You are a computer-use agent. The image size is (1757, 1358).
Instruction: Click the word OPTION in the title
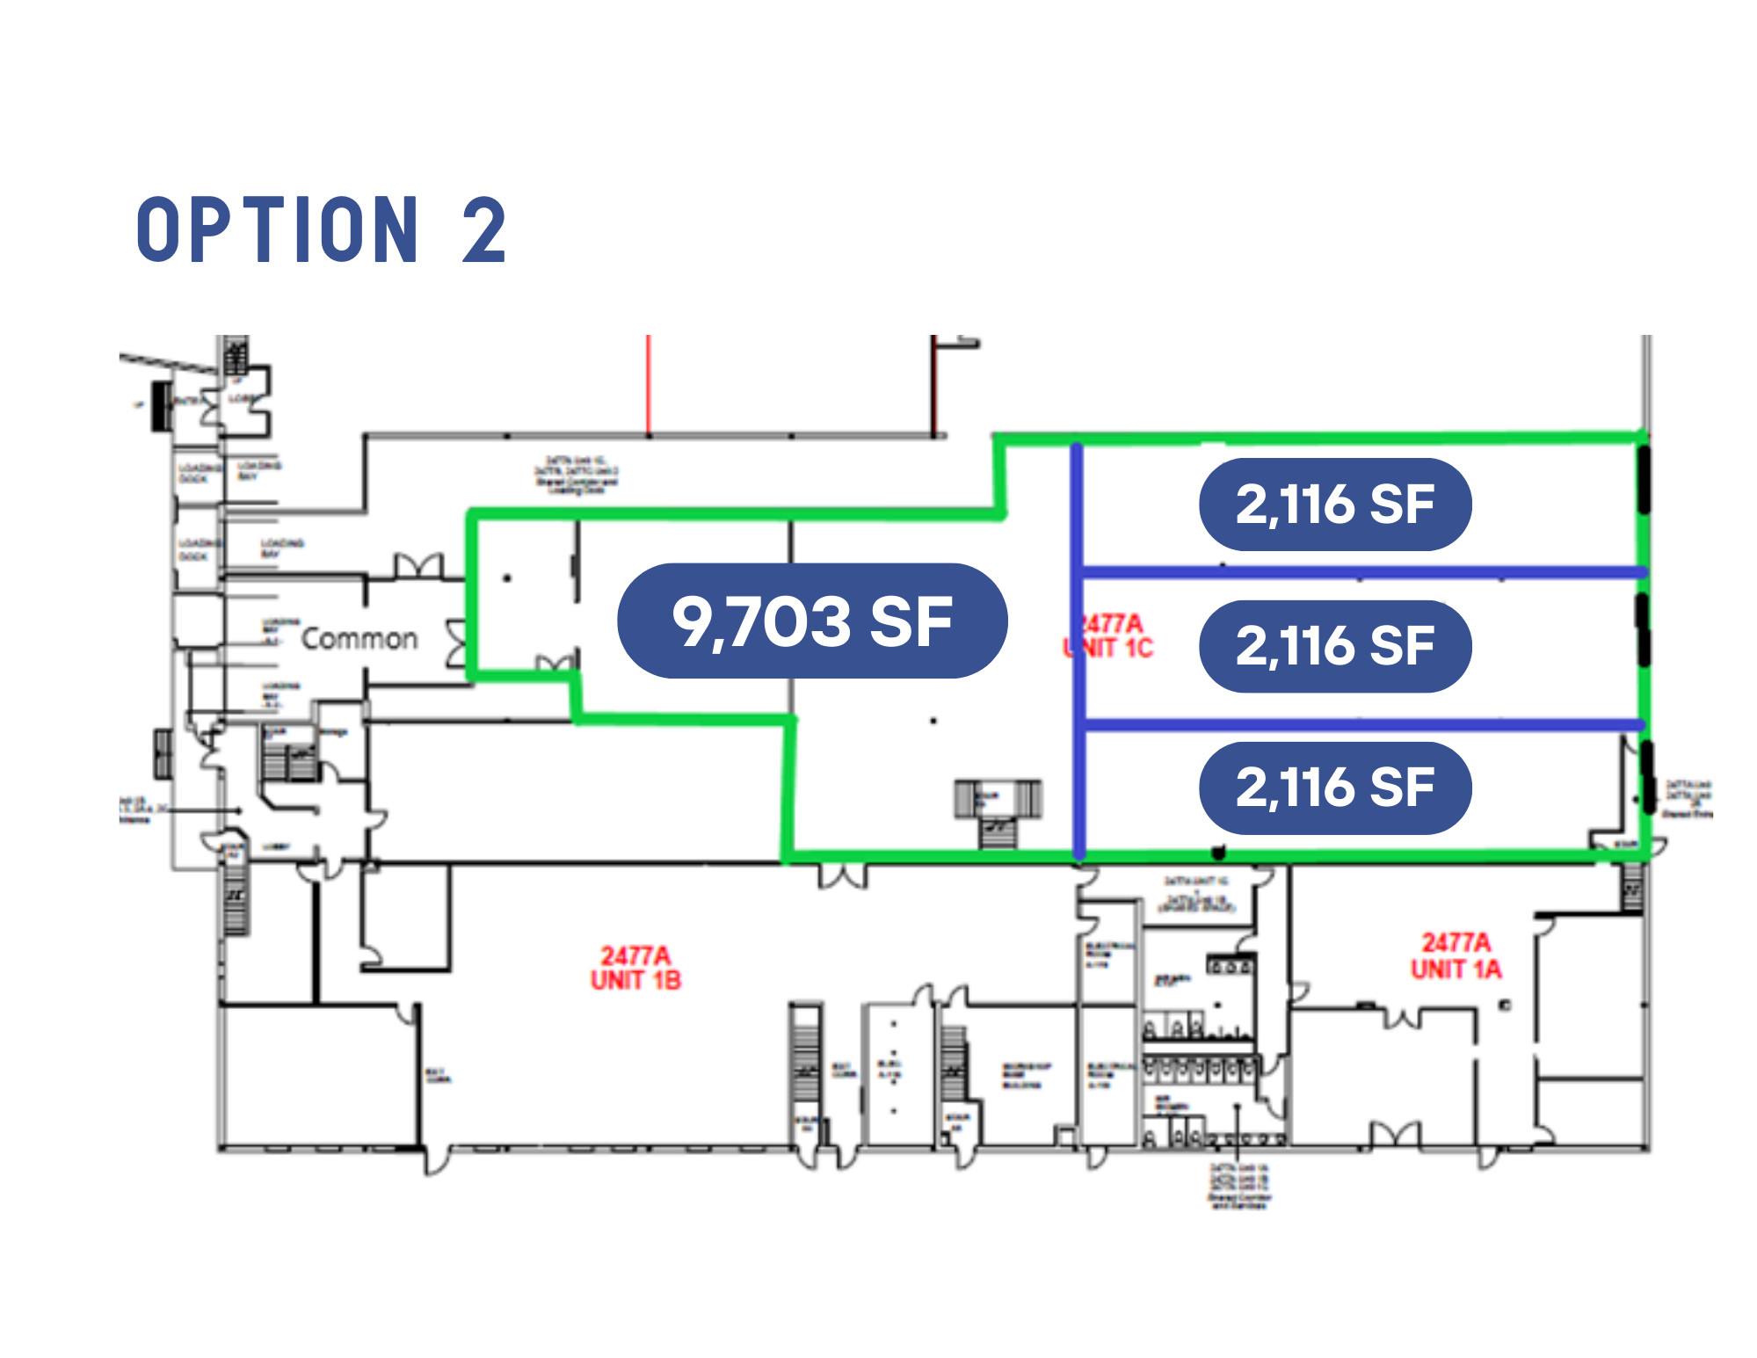[x=277, y=230]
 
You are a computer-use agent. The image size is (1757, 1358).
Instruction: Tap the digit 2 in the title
[x=484, y=230]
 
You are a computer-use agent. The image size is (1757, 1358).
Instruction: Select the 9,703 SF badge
[x=812, y=621]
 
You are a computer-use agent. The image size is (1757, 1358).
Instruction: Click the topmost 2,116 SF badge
[x=1334, y=505]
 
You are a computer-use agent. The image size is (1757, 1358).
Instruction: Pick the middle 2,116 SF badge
[x=1334, y=646]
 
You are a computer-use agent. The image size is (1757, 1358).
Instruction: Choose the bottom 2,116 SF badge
[x=1334, y=788]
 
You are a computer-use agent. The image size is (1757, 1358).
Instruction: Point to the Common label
[x=359, y=639]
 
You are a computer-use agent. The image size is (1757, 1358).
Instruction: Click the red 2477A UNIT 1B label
[x=635, y=968]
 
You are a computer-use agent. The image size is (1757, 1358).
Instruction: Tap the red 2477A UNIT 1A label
[x=1456, y=956]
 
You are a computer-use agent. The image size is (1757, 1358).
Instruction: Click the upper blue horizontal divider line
[x=1362, y=572]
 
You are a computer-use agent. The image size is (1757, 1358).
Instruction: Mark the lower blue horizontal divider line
[x=1362, y=724]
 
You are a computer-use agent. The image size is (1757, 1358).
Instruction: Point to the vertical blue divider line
[x=1078, y=650]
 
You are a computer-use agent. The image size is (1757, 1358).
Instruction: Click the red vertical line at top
[x=649, y=384]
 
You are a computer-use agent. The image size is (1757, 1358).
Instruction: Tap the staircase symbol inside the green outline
[x=998, y=810]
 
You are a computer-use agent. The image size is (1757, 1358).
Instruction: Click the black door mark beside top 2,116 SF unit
[x=1643, y=480]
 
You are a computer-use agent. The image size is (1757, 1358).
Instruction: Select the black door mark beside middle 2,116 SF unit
[x=1642, y=629]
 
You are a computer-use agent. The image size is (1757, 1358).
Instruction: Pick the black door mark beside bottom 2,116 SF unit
[x=1648, y=777]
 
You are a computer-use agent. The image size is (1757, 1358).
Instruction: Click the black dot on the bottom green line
[x=1218, y=852]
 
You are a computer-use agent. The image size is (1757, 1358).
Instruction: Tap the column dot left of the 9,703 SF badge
[x=507, y=577]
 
